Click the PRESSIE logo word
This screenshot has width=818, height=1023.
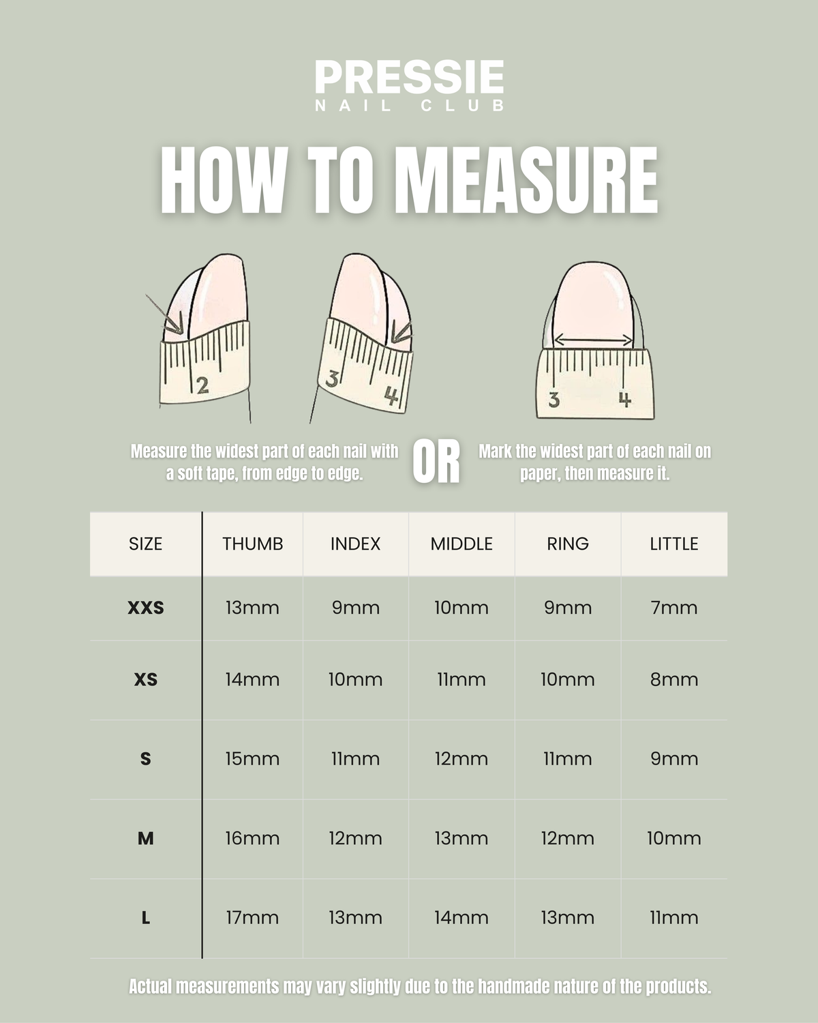coord(409,76)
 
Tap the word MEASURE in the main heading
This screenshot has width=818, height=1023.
coord(526,180)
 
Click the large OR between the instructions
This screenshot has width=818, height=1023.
coord(436,462)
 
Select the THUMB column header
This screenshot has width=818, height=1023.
coord(252,544)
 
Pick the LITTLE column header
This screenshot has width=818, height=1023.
coord(674,544)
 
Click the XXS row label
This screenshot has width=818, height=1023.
coord(145,608)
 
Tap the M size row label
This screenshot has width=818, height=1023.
coord(145,839)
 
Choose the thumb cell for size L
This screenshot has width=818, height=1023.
coord(252,918)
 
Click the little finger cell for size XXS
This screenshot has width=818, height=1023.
coord(674,608)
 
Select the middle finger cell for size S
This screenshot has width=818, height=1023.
coord(461,758)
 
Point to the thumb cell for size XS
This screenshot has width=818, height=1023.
coord(252,679)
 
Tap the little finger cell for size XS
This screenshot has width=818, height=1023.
coord(674,679)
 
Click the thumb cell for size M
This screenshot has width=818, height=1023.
coord(252,839)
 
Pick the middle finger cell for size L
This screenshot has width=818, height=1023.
coord(461,918)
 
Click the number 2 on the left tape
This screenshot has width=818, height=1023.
coord(202,385)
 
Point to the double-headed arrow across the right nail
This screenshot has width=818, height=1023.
coord(594,340)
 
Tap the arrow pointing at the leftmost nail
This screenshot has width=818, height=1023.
coord(164,314)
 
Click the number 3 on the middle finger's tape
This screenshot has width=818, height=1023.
coord(332,379)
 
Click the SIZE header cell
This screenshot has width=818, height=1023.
coord(145,544)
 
